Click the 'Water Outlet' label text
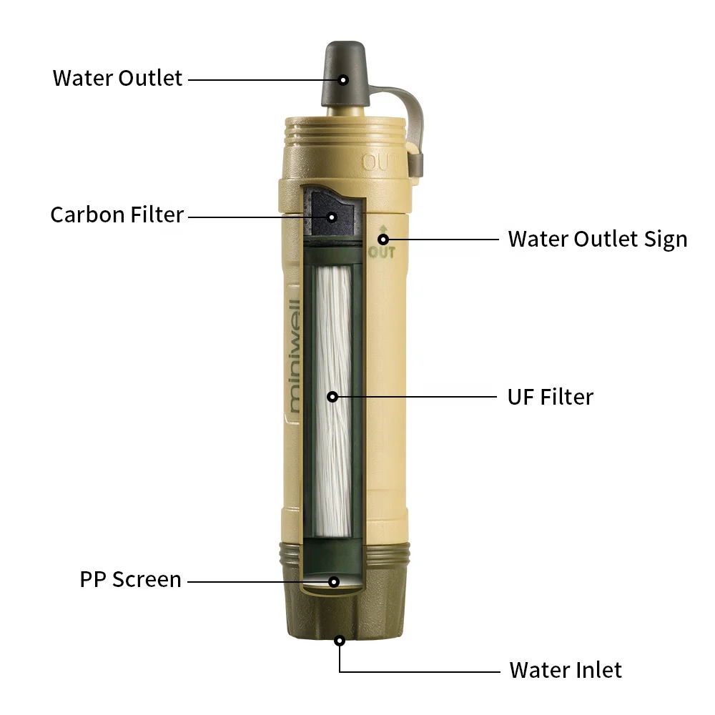pyautogui.click(x=117, y=77)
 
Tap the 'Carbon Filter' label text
pyautogui.click(x=117, y=214)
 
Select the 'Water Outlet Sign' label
pyautogui.click(x=597, y=239)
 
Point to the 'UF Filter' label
pyautogui.click(x=550, y=396)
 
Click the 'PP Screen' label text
pyautogui.click(x=130, y=579)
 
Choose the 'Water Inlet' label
pyautogui.click(x=565, y=670)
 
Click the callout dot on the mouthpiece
pyautogui.click(x=343, y=79)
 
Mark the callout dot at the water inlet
pyautogui.click(x=340, y=640)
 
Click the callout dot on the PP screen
pyautogui.click(x=333, y=581)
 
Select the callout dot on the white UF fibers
pyautogui.click(x=332, y=396)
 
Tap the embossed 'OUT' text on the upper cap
pyautogui.click(x=379, y=162)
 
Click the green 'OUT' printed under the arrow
pyautogui.click(x=382, y=252)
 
